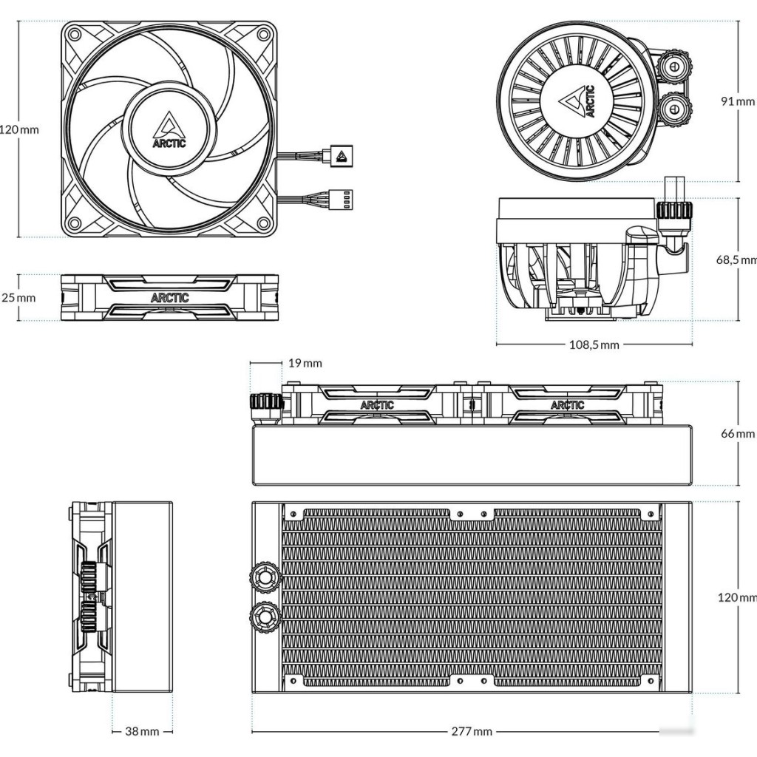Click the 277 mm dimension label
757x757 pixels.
472,731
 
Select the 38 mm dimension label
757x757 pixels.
141,731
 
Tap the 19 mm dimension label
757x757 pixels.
305,363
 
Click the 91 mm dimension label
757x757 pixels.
738,101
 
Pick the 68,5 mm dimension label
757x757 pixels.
736,259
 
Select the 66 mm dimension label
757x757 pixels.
738,433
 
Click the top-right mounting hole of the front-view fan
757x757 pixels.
263,34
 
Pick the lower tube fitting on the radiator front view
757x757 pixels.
264,613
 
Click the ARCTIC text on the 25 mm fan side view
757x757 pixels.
169,298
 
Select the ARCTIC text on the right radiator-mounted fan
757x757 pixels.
567,405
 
